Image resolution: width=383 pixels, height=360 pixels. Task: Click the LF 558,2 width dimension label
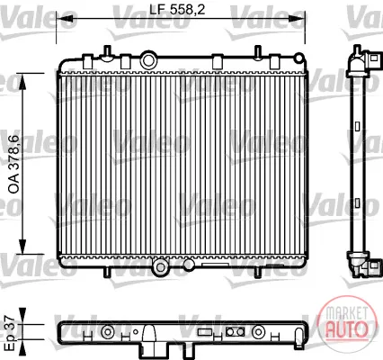click(x=177, y=10)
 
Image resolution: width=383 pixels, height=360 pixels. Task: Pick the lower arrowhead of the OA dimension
click(x=22, y=247)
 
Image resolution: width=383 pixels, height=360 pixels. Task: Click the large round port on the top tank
click(x=148, y=60)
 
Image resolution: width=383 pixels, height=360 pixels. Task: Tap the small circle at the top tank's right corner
click(x=299, y=58)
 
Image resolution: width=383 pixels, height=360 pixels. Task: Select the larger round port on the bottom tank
click(x=161, y=267)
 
